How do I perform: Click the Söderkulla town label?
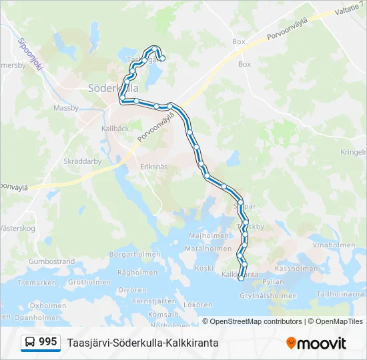point(113,87)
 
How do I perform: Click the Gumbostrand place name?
point(51,262)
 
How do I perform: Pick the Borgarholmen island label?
point(135,254)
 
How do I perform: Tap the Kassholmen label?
point(296,269)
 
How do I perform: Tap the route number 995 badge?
point(48,342)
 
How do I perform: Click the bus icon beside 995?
point(30,343)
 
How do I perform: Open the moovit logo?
point(316,343)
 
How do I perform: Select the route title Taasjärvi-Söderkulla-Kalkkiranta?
point(143,343)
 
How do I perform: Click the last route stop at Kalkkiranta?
point(242,279)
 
